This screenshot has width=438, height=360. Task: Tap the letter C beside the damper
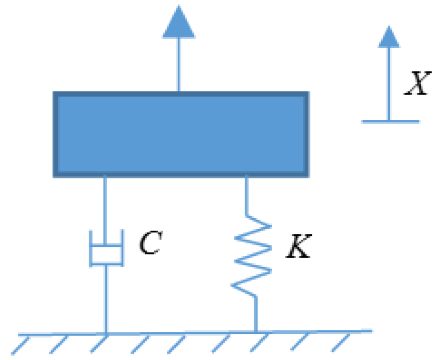point(149,243)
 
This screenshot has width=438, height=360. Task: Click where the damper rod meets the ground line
point(106,332)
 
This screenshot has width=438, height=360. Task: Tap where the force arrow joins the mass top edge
point(179,93)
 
